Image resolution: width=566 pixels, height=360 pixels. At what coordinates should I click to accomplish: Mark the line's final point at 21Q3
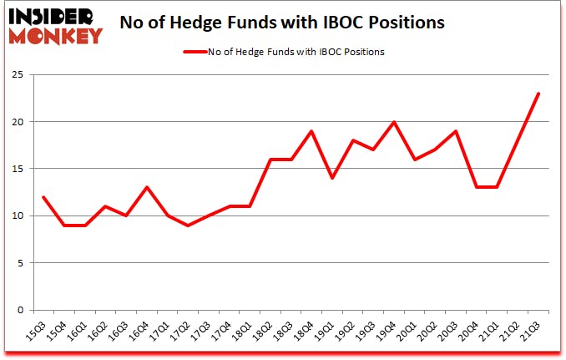click(538, 94)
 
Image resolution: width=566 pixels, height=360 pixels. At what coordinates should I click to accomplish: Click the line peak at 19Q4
click(394, 122)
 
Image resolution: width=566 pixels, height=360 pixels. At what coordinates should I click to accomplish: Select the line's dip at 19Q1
click(332, 178)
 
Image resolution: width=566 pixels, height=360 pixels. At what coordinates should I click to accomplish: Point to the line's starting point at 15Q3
click(43, 197)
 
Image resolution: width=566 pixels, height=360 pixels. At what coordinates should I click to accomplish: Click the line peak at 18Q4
click(311, 131)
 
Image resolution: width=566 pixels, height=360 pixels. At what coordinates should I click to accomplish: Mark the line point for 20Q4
click(477, 187)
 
